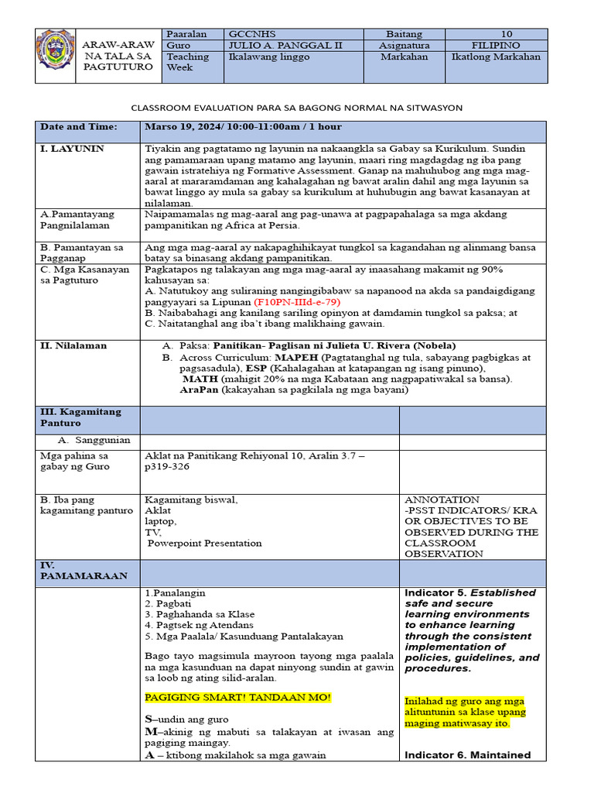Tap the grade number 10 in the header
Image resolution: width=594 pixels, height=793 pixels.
coord(507,34)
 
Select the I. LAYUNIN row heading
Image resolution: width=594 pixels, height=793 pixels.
coord(72,148)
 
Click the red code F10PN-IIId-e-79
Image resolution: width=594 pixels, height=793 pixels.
coord(296,301)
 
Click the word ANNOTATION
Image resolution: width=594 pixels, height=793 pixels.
coord(442,499)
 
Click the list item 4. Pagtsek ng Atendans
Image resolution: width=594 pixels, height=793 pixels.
coord(199,625)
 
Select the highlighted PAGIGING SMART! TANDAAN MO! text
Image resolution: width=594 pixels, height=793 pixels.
coord(237,698)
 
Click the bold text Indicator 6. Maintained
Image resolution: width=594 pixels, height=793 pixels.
coord(467,755)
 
